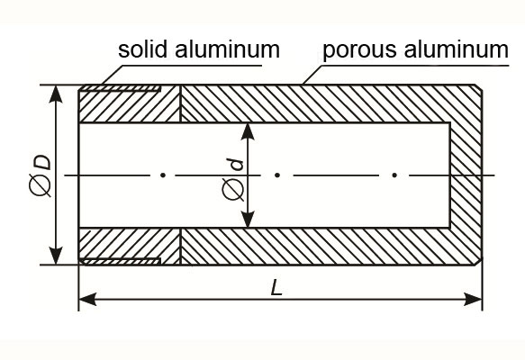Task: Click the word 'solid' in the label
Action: (142, 49)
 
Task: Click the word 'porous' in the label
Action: (360, 51)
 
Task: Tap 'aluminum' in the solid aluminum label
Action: (227, 49)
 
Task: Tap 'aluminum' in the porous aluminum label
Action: (457, 49)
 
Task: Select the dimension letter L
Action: (276, 287)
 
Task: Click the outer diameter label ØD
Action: (41, 175)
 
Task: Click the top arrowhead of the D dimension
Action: (56, 94)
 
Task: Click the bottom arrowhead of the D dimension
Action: (56, 256)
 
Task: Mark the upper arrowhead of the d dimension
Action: (248, 131)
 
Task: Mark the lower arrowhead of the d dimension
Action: (248, 219)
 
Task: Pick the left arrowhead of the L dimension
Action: (87, 299)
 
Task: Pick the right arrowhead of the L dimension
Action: (473, 299)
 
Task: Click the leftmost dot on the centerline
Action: (163, 175)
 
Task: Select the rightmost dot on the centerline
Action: (394, 175)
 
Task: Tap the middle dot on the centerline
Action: (277, 175)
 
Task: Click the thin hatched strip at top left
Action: (121, 88)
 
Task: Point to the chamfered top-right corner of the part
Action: (479, 87)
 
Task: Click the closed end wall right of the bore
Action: (466, 175)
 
